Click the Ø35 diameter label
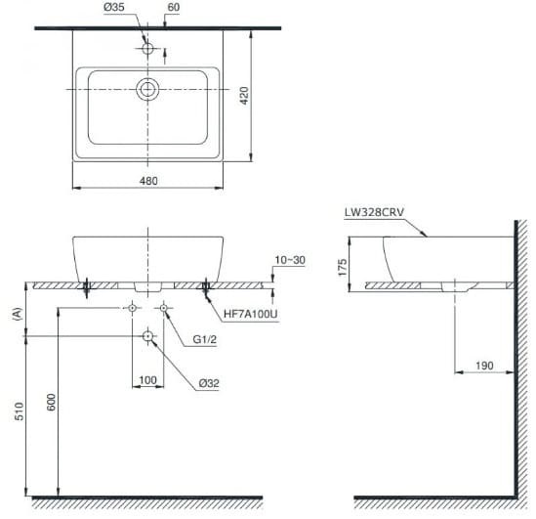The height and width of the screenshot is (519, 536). coord(114,7)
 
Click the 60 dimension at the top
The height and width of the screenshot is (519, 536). coord(174,7)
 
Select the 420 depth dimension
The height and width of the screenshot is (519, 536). coord(244,96)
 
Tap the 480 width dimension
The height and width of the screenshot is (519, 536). coord(148,181)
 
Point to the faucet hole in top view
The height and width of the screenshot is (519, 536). coord(147,49)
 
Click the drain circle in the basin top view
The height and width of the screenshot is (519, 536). coord(147,89)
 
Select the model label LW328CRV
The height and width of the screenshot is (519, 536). coord(374,212)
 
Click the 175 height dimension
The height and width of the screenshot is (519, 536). coord(342,267)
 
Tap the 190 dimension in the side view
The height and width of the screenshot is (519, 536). coord(484,366)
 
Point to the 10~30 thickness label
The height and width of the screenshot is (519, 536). coord(290,260)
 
